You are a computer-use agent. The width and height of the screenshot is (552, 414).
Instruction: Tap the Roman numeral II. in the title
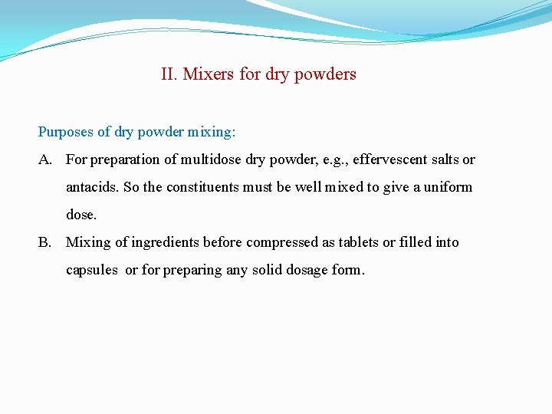(x=169, y=74)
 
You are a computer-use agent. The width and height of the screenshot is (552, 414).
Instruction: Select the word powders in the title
(x=326, y=74)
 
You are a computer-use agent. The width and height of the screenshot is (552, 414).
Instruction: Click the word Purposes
(x=66, y=132)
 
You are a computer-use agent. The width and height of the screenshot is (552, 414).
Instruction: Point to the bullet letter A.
(x=45, y=159)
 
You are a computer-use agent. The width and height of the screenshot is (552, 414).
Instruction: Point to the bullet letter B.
(x=45, y=242)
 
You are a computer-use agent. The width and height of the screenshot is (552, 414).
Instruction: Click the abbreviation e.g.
(x=334, y=159)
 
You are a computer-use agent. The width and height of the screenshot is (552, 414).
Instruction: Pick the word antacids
(x=91, y=187)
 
